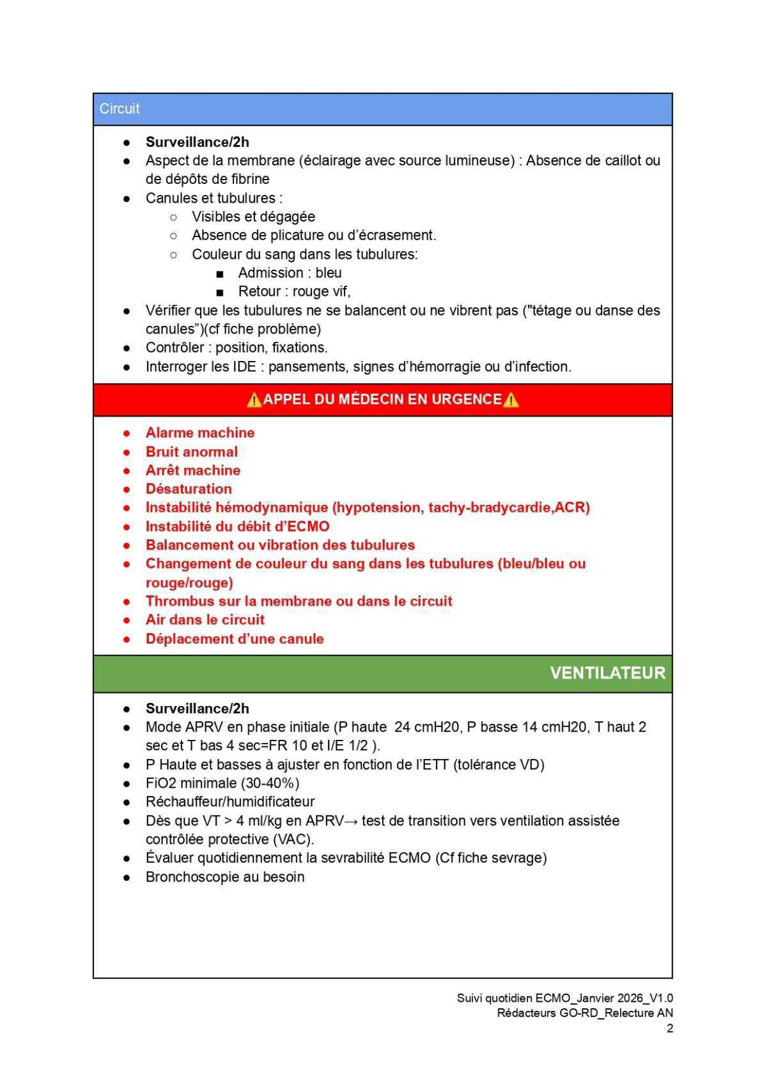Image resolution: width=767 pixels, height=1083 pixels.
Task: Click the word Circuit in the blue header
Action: (x=120, y=109)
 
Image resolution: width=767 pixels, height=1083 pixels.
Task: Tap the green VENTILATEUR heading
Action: (x=607, y=673)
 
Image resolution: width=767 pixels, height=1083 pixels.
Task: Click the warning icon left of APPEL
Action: (x=254, y=400)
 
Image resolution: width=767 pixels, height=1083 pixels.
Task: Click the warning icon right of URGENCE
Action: (x=511, y=400)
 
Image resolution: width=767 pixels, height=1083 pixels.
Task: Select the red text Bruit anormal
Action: (x=192, y=452)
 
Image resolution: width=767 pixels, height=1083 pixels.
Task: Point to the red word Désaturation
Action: (x=189, y=489)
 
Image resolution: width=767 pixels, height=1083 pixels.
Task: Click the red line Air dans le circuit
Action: (x=205, y=620)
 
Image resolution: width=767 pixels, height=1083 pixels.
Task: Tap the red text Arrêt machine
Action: (x=193, y=470)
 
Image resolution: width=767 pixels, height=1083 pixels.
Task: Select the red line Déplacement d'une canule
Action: (x=235, y=639)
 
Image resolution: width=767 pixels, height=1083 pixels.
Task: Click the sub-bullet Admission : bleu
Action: (x=290, y=273)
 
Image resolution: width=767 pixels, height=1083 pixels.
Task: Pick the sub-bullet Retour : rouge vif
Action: (x=294, y=291)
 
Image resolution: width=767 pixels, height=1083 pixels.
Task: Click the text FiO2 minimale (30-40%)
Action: (x=222, y=783)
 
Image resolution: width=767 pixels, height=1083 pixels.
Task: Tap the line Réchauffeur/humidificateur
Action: (x=230, y=802)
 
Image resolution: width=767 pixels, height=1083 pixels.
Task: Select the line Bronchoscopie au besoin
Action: (x=225, y=877)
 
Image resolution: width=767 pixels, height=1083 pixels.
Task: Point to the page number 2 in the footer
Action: (x=669, y=1028)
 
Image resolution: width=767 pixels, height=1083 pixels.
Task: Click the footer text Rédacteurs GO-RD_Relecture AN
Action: (x=585, y=1013)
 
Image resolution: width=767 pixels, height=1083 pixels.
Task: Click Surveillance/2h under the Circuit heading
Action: (x=198, y=142)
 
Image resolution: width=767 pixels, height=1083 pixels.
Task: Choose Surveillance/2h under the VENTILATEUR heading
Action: (x=198, y=709)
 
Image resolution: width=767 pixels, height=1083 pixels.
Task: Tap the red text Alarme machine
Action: (x=200, y=433)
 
